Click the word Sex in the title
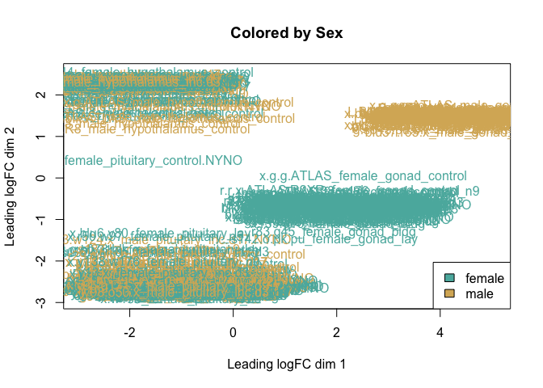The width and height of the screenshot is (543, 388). click(331, 33)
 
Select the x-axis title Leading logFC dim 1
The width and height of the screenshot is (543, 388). click(287, 365)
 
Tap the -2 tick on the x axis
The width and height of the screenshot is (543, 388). click(129, 331)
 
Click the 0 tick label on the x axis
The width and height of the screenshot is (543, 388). click(233, 331)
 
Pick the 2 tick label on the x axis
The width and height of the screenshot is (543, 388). click(337, 331)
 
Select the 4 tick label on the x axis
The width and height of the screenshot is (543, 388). click(440, 331)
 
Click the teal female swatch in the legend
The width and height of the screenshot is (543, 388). click(450, 277)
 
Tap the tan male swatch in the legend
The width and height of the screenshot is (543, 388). click(450, 293)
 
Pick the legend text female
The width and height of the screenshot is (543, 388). click(485, 277)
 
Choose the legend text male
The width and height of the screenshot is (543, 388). click(480, 293)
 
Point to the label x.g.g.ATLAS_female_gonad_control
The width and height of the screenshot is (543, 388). click(363, 175)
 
